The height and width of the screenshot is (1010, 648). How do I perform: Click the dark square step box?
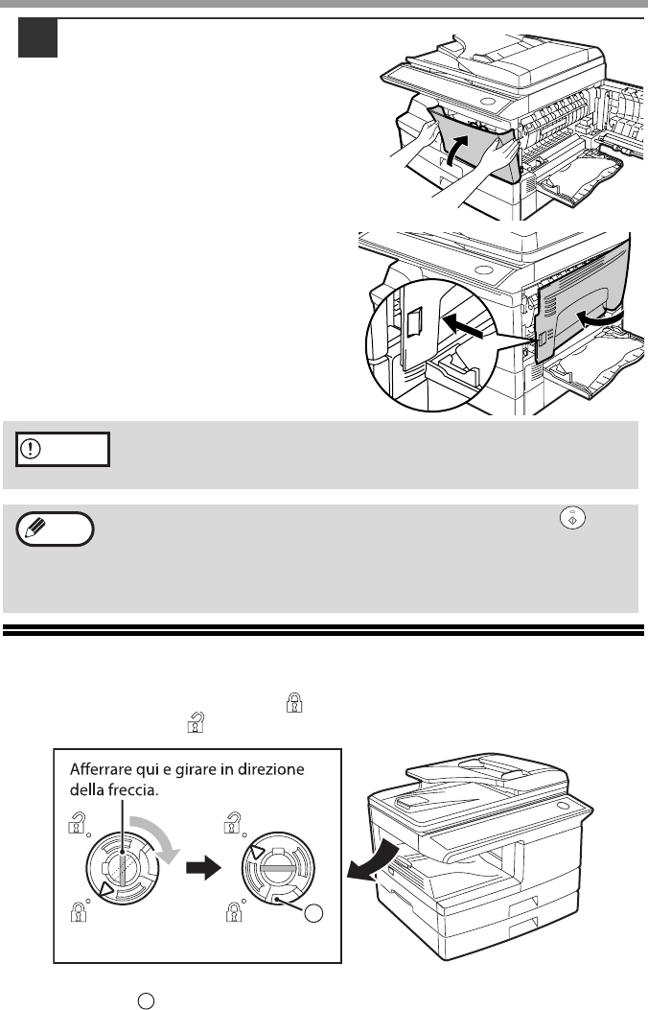38,38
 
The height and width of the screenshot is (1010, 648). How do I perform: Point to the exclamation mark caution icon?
31,448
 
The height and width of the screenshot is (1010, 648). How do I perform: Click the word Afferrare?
101,770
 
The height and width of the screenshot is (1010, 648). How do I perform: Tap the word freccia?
136,789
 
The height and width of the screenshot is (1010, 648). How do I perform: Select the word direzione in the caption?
272,770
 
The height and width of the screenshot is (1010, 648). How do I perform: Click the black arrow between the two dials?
203,868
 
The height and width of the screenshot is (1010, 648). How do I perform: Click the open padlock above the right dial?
232,823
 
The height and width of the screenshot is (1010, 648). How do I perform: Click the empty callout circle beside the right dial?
313,913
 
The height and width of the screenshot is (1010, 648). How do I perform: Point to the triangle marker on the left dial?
104,891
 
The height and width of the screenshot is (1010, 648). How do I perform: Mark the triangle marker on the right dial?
256,854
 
